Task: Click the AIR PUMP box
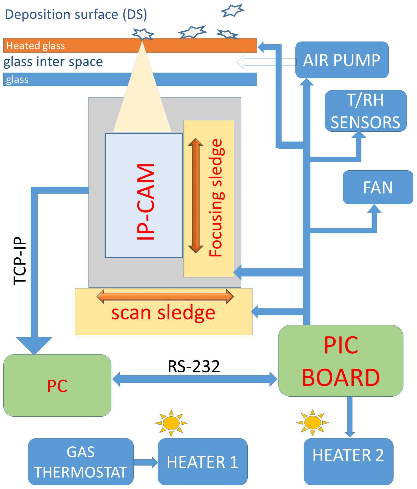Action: pyautogui.click(x=342, y=60)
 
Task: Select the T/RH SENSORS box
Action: pyautogui.click(x=366, y=111)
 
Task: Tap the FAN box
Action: pyautogui.click(x=378, y=187)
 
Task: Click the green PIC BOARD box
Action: pyautogui.click(x=341, y=361)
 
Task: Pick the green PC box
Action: pyautogui.click(x=57, y=386)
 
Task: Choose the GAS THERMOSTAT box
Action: pyautogui.click(x=81, y=462)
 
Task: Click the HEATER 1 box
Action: pyautogui.click(x=202, y=462)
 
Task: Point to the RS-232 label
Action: pyautogui.click(x=194, y=366)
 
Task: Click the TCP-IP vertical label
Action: pyautogui.click(x=20, y=261)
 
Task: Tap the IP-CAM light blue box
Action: pyautogui.click(x=144, y=195)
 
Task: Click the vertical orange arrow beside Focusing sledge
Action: pyautogui.click(x=196, y=195)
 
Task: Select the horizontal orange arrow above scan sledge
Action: pyautogui.click(x=165, y=296)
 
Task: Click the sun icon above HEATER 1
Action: pyautogui.click(x=171, y=423)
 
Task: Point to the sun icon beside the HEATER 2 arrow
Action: pyautogui.click(x=312, y=423)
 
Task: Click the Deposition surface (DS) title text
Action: pyautogui.click(x=76, y=14)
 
